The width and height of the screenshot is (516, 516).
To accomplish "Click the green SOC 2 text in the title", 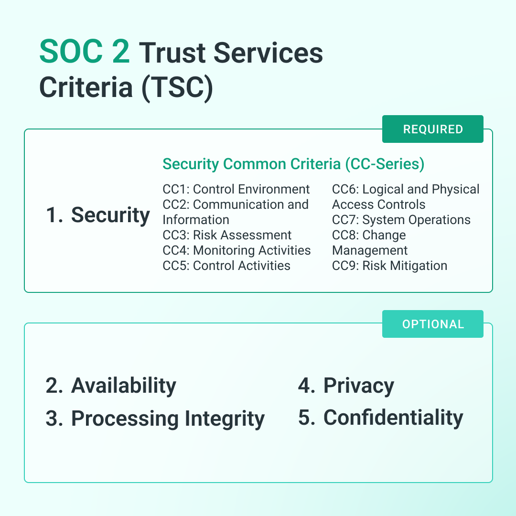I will coord(85,53).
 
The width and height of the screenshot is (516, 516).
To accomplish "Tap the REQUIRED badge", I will coord(433,129).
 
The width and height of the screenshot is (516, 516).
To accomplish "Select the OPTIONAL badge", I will coord(433,324).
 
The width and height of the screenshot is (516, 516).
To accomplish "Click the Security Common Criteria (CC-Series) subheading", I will coord(293,164).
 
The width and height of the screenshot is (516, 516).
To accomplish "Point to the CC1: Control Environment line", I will coord(236,189).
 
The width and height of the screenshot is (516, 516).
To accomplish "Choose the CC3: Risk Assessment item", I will coord(227,235).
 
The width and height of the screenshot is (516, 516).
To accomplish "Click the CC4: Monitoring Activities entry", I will coord(236,250).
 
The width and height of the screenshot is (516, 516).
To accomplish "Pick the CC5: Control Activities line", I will coord(226,266).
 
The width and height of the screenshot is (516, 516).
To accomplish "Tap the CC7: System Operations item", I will coord(401,220).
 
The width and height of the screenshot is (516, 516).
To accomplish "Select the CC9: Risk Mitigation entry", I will coord(389,266).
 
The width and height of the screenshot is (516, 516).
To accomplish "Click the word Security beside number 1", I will coord(110,215).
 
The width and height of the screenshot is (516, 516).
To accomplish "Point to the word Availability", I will coord(124,386).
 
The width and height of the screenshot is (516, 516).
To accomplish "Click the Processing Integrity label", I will coord(168,419).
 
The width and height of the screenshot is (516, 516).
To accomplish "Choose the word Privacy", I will coord(359,386).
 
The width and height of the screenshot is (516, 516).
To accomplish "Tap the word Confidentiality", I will coord(393,418).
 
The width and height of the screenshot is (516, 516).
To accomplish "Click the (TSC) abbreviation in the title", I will coord(177,87).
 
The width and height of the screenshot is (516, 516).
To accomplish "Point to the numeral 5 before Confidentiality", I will coord(304,418).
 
